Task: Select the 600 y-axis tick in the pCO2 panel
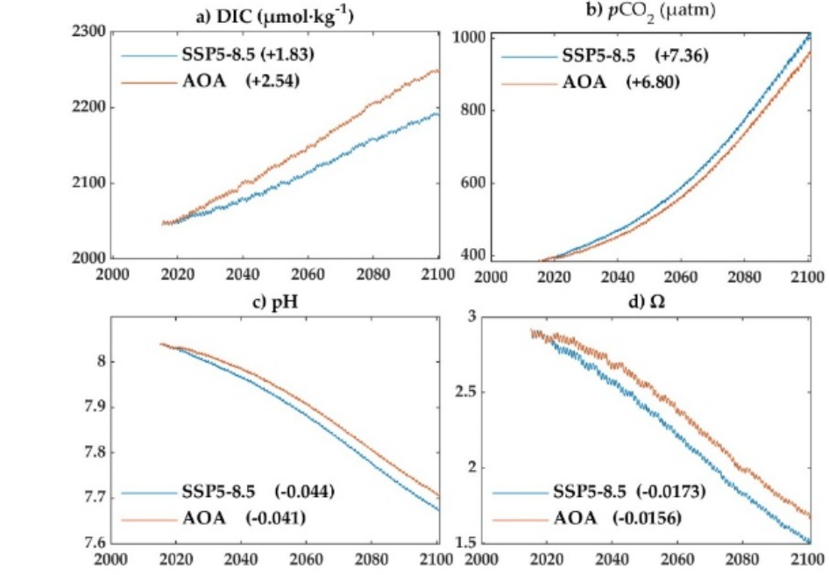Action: (x=470, y=183)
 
